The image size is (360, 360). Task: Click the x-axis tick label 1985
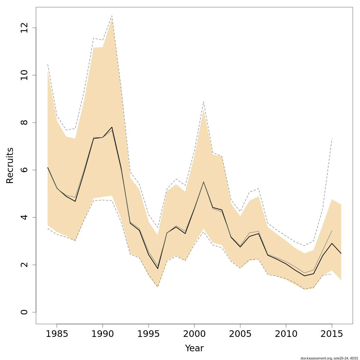pos(57,334)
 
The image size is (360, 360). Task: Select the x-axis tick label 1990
pos(103,334)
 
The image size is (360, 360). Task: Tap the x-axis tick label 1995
pos(148,334)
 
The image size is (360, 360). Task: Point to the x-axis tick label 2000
pos(194,334)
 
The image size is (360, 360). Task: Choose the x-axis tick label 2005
pos(240,334)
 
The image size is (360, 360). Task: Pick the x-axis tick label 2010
pos(286,334)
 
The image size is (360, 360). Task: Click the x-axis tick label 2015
pos(332,334)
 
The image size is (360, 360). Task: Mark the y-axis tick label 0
pos(24,312)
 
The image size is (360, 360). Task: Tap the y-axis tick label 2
pos(24,265)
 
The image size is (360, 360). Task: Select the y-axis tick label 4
pos(24,217)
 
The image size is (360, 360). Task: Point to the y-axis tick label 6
pos(24,170)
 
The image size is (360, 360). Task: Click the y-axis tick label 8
pos(24,122)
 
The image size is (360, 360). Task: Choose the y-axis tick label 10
pos(24,75)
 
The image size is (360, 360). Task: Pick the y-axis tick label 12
pos(24,28)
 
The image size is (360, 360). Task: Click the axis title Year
pos(194,348)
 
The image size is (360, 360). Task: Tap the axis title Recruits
pos(10,165)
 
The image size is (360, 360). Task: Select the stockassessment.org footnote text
pos(329,358)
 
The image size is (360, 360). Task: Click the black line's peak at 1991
pos(112,127)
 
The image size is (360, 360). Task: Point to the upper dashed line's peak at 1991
pos(112,16)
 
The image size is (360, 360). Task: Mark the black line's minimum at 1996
pos(158,268)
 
